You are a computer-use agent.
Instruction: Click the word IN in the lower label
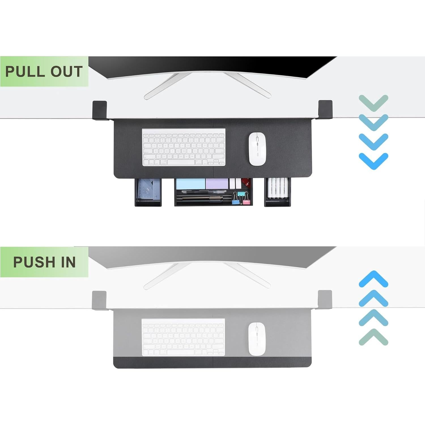coord(69,262)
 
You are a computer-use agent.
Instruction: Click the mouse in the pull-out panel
coord(257,149)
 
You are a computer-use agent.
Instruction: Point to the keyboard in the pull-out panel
coord(184,147)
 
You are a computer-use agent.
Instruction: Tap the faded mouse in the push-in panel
coord(257,339)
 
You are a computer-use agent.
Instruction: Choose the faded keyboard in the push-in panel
coord(183,337)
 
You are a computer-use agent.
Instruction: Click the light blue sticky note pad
coord(190,184)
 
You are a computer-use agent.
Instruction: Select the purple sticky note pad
coord(217,184)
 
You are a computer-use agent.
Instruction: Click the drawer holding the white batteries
coord(277,192)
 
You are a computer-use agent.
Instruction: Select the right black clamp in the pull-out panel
coord(325,109)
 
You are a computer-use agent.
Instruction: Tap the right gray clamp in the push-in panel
coord(325,300)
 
